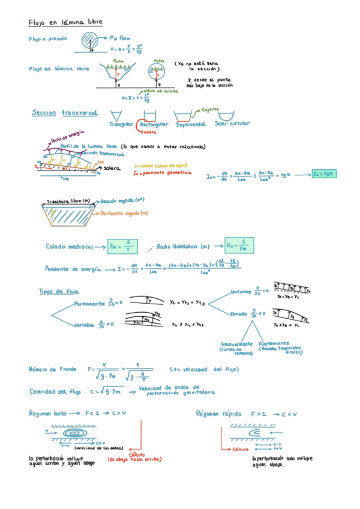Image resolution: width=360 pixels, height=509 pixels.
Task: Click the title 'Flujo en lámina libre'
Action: tap(65, 22)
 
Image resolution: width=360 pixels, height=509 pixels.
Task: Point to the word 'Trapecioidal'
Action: tap(190, 124)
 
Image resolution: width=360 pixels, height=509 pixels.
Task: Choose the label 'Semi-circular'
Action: tap(232, 124)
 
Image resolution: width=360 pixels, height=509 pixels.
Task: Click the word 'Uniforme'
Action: tap(244, 292)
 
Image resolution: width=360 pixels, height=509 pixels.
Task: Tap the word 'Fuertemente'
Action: tap(274, 344)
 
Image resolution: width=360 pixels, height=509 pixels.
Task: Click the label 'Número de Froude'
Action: tap(51, 369)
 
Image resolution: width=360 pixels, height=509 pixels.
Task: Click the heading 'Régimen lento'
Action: tap(48, 414)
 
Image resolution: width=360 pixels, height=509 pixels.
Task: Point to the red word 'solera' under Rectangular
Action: tap(149, 132)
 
